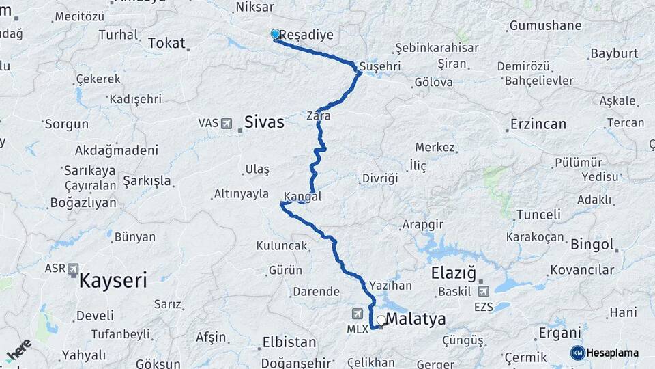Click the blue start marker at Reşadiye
[275, 33]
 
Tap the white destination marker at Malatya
[381, 320]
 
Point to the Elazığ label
[453, 274]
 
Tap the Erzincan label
[538, 124]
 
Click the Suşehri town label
[380, 67]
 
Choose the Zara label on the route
[319, 116]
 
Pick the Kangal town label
[302, 197]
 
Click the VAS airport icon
[227, 123]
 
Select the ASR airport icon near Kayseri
[72, 269]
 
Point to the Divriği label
[379, 179]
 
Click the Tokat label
[166, 43]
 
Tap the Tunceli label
[538, 215]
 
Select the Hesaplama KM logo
[605, 353]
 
